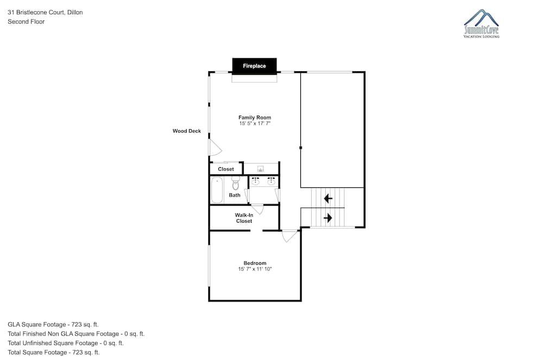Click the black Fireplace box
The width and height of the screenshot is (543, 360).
254,66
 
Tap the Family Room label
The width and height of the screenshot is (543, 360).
255,118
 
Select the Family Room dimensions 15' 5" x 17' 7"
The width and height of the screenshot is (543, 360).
255,124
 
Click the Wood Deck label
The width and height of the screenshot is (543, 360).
187,131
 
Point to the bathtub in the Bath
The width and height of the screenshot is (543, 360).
217,190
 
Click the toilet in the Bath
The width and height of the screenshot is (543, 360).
236,184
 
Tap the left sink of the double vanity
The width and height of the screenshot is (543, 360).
255,181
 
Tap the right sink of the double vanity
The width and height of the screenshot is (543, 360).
271,181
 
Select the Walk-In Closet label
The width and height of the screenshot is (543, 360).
244,218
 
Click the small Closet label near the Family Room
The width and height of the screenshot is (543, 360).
226,169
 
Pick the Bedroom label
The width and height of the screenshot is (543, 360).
255,263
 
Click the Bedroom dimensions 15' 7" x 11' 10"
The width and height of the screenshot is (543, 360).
255,269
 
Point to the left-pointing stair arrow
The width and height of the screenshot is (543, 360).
328,199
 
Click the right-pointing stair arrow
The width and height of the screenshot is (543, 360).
328,218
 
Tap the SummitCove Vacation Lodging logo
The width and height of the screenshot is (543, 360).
481,23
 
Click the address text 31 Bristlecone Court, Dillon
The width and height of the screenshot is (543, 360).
45,12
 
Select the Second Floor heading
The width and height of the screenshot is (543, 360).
26,22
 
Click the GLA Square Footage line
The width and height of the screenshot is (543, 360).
53,325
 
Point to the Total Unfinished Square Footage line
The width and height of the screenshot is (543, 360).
66,343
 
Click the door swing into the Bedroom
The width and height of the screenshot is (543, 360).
289,236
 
